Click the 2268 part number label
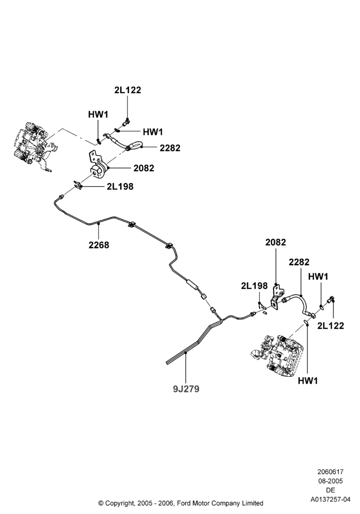click(x=99, y=245)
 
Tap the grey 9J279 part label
click(x=186, y=389)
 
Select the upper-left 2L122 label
click(x=128, y=90)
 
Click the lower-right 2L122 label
click(x=331, y=325)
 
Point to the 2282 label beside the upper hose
click(x=170, y=148)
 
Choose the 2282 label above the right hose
click(x=299, y=262)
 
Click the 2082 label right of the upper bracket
click(x=143, y=168)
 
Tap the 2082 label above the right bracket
click(x=276, y=242)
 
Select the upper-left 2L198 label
click(x=120, y=187)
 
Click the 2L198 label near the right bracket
click(x=255, y=286)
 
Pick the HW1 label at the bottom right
click(x=308, y=381)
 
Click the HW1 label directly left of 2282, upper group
click(x=153, y=132)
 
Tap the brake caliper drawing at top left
click(x=33, y=146)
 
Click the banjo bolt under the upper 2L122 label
click(x=126, y=122)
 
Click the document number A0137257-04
click(x=331, y=500)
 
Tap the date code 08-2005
click(x=331, y=481)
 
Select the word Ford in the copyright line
click(x=185, y=503)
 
